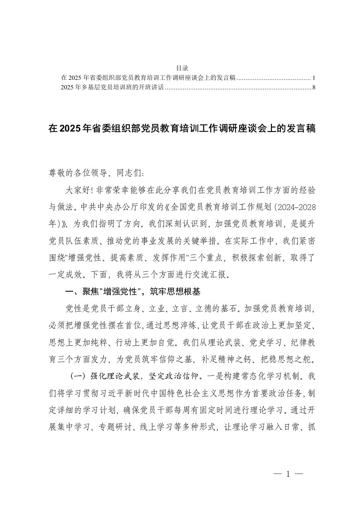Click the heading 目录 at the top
(180, 68)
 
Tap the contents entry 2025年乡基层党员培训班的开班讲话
(111, 87)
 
